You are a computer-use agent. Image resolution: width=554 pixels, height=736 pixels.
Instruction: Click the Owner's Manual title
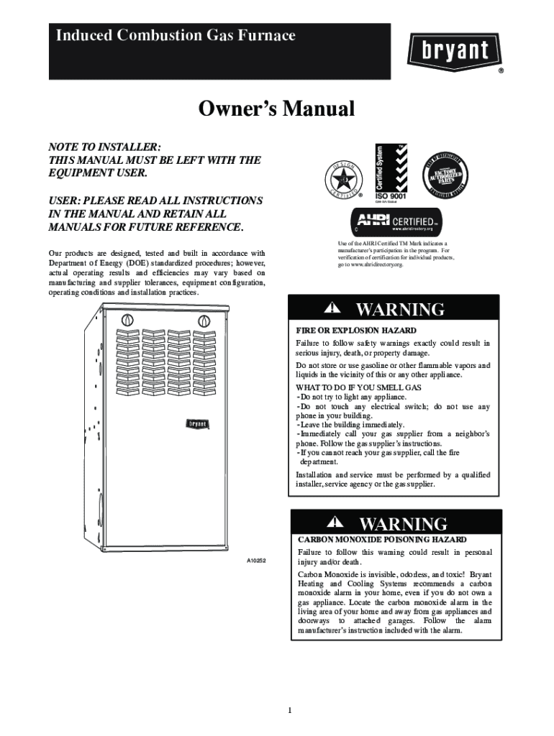277,110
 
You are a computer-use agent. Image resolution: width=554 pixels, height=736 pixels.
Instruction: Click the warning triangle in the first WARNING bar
332,308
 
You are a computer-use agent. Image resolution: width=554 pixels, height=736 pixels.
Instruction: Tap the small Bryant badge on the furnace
198,424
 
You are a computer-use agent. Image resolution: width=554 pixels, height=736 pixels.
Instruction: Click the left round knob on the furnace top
127,319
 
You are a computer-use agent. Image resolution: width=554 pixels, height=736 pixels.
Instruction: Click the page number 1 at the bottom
289,711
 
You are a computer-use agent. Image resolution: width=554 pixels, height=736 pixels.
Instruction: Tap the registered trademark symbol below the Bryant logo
501,71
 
